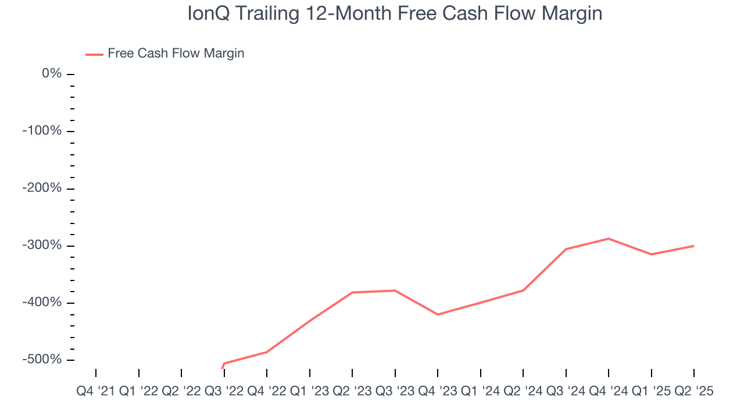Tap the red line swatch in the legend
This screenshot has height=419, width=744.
click(94, 54)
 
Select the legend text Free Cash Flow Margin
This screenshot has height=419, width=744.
click(176, 54)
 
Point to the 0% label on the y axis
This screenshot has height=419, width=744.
click(52, 74)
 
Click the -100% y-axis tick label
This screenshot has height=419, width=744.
click(42, 131)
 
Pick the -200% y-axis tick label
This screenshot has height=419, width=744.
click(42, 189)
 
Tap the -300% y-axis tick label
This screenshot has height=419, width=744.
click(42, 246)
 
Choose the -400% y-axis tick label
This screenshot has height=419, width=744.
click(42, 303)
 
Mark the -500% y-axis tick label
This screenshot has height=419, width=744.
click(42, 360)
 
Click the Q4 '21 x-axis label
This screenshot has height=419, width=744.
click(96, 392)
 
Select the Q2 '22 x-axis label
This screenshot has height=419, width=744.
click(181, 392)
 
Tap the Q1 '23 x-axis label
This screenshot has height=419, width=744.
click(310, 392)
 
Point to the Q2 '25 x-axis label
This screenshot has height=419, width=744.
click(693, 392)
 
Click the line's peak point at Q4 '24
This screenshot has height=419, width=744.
click(609, 239)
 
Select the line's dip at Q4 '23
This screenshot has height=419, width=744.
click(438, 314)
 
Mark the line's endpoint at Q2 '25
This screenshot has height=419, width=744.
click(693, 246)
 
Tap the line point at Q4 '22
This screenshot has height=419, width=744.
click(267, 352)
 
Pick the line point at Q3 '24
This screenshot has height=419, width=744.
click(566, 249)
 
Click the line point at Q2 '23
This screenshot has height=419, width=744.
click(352, 292)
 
